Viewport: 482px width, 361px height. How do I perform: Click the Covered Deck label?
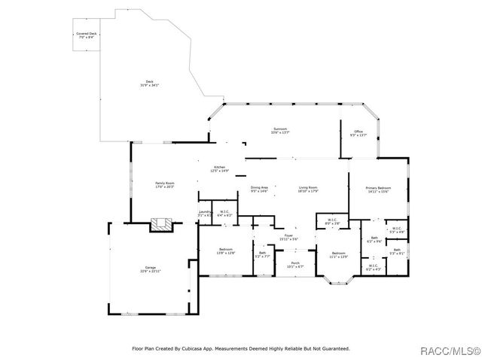pos(87,34)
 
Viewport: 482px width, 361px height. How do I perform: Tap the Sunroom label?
pos(280,129)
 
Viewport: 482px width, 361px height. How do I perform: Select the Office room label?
pos(358,132)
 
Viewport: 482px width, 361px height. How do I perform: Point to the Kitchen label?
pos(219,167)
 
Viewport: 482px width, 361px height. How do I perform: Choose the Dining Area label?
pos(259,187)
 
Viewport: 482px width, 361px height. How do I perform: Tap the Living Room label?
pos(308,187)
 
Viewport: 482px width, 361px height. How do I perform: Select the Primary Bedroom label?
pos(377,187)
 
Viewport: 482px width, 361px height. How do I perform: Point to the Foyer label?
pos(288,236)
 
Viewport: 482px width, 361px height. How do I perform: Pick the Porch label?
pos(294,263)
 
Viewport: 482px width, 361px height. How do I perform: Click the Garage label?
pos(151,268)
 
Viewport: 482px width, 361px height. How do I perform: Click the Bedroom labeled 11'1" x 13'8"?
pos(338,253)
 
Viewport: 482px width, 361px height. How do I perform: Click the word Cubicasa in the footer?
pos(200,348)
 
